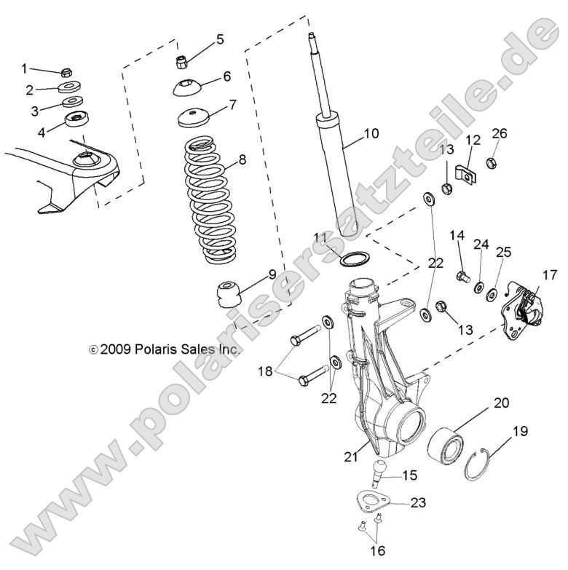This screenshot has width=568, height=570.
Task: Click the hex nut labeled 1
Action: [64, 73]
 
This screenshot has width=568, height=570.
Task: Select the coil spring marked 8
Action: [210, 200]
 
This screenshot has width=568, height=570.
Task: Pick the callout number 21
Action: [351, 457]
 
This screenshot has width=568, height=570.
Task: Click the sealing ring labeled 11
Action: [354, 259]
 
